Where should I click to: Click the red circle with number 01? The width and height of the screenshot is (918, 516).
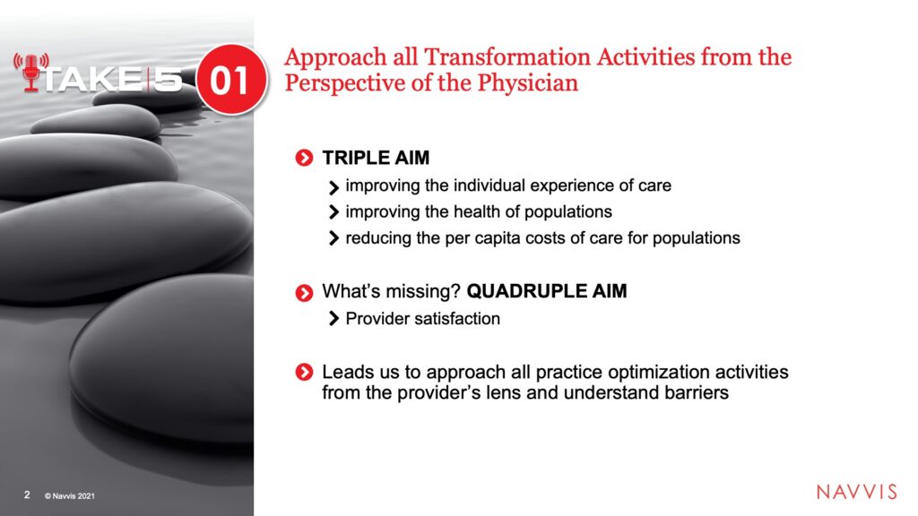[230, 79]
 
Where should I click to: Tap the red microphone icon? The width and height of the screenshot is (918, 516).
[31, 73]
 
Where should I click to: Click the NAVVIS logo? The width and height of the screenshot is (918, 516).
[856, 492]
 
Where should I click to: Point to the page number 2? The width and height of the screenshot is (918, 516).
[27, 494]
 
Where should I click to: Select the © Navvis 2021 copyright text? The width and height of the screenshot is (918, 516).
[70, 495]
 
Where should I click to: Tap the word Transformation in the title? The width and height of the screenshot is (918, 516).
[507, 56]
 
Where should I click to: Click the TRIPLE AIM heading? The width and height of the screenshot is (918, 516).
[376, 158]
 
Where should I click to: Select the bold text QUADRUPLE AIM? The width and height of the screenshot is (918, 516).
[547, 291]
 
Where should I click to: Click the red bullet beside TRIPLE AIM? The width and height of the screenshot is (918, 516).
[304, 158]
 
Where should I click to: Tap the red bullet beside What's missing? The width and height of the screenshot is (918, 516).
[304, 293]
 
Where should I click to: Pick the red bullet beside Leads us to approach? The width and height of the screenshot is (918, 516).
[304, 372]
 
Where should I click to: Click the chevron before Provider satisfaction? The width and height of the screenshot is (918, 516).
[333, 319]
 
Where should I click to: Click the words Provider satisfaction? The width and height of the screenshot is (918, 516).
[423, 319]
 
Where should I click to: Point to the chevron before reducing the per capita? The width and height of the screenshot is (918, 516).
[333, 238]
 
